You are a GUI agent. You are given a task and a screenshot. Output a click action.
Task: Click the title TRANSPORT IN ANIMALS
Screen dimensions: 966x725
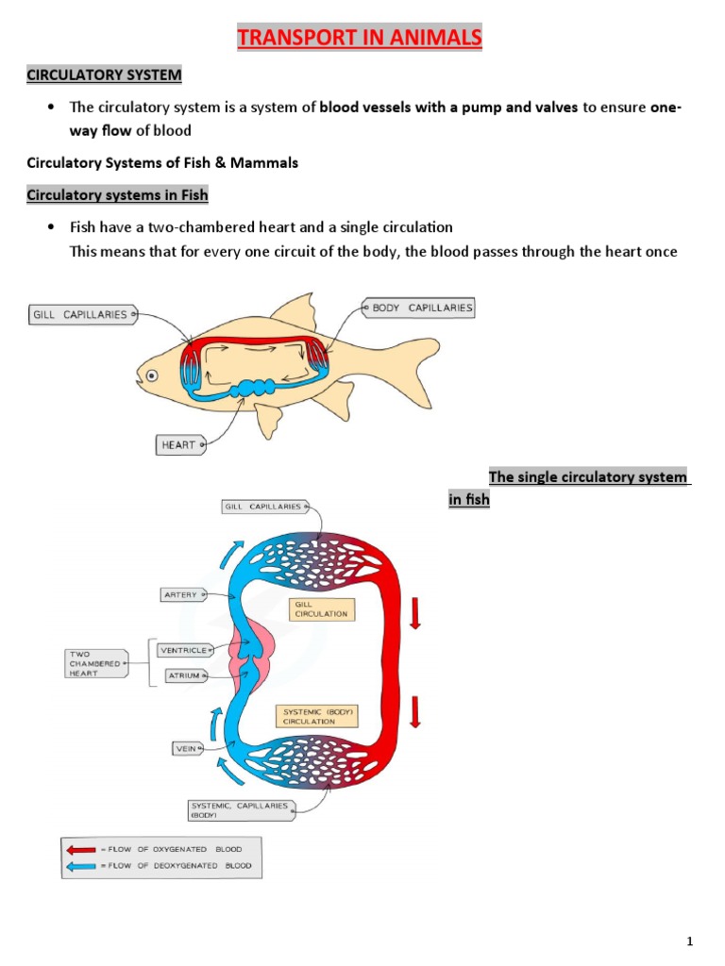click(359, 39)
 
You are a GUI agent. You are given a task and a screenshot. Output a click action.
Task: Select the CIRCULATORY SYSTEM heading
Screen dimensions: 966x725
click(104, 75)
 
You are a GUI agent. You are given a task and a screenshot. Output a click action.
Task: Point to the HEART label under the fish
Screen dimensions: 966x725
click(179, 444)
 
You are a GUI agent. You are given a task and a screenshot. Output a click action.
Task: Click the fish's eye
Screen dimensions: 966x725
click(151, 375)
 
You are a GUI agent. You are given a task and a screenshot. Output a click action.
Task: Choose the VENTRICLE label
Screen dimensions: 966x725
click(183, 650)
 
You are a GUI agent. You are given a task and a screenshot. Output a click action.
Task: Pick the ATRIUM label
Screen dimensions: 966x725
click(183, 675)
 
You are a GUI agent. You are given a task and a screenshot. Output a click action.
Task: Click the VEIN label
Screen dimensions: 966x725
click(185, 749)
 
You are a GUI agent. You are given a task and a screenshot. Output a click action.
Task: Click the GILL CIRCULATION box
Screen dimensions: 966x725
click(322, 608)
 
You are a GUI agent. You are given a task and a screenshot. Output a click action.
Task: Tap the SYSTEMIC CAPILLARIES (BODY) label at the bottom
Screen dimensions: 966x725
click(240, 809)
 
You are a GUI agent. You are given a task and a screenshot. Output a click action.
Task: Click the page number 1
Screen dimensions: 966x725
click(691, 941)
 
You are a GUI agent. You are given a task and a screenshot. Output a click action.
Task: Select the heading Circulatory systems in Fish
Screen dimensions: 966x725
click(117, 195)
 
